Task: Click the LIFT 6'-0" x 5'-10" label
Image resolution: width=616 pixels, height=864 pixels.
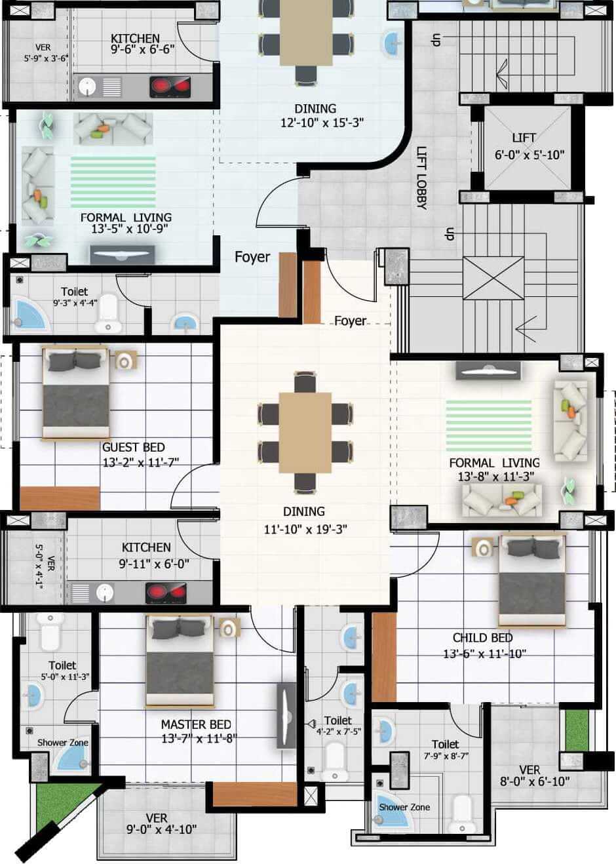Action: point(528,147)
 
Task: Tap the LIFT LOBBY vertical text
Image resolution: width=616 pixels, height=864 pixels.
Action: point(421,177)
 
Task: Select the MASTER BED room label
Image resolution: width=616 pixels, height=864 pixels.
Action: point(196,725)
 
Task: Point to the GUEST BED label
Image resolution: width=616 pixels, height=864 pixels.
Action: point(134,448)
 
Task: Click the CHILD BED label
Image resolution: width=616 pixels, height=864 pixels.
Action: point(482,638)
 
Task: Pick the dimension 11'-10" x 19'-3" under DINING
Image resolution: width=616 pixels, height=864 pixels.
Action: point(305,529)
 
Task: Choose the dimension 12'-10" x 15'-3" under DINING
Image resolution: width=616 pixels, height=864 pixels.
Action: point(322,122)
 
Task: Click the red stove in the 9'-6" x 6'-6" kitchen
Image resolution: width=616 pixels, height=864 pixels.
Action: point(170,87)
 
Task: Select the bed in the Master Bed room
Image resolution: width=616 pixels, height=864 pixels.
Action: point(180,662)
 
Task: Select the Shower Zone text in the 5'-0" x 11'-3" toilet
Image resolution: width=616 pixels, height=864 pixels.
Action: point(62,743)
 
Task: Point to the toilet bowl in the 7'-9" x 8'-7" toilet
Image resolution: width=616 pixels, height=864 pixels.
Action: point(463,812)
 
